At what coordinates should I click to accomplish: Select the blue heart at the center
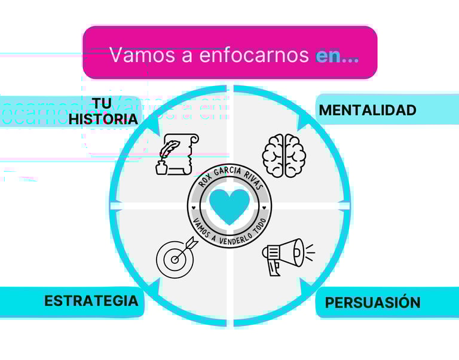pyautogui.click(x=229, y=205)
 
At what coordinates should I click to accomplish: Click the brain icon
pyautogui.click(x=284, y=155)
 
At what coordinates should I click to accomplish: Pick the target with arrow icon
pyautogui.click(x=175, y=256)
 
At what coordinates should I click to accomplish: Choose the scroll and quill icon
pyautogui.click(x=177, y=154)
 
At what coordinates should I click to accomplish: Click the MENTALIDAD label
pyautogui.click(x=367, y=110)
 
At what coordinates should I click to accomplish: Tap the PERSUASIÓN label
pyautogui.click(x=372, y=303)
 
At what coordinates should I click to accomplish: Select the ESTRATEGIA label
pyautogui.click(x=91, y=300)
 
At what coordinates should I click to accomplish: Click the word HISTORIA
pyautogui.click(x=103, y=119)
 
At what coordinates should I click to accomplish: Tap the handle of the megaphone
pyautogui.click(x=273, y=267)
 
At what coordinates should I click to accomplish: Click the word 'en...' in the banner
pyautogui.click(x=337, y=56)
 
